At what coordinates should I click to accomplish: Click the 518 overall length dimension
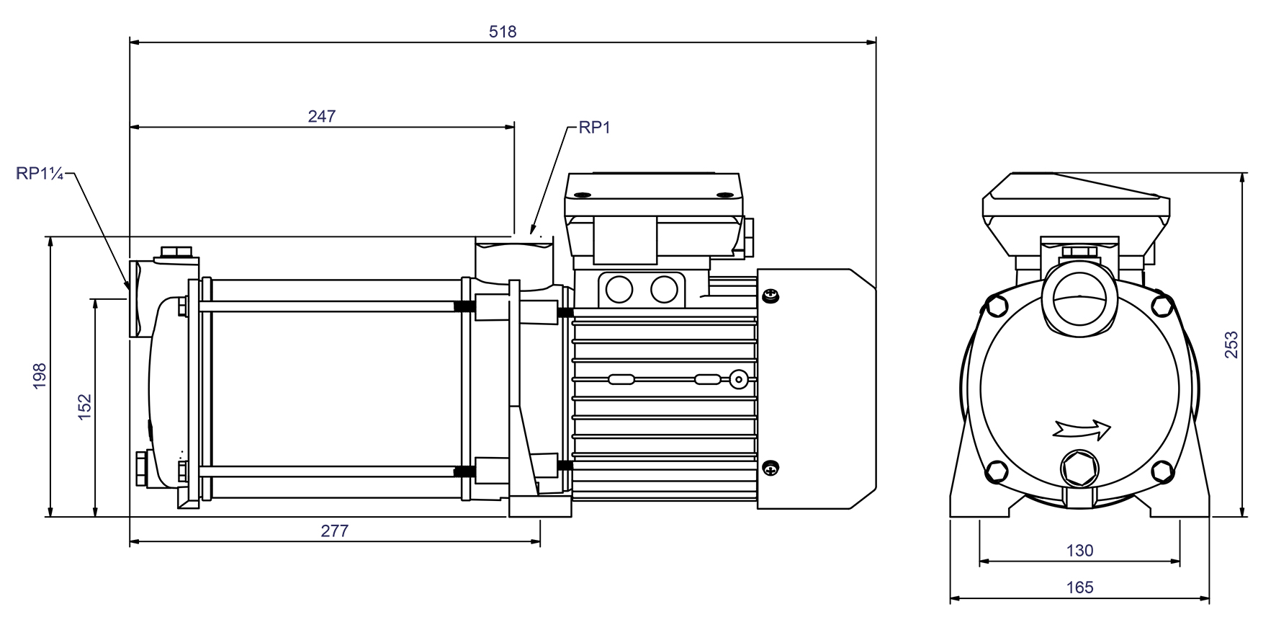pos(503,32)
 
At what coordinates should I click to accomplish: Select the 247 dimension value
pos(322,116)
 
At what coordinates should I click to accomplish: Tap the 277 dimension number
pos(335,531)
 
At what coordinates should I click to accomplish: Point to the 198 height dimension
pos(39,376)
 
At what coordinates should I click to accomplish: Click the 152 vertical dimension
pos(85,407)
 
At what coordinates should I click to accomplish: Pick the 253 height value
pos(1232,345)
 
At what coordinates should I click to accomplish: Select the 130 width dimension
pos(1079,551)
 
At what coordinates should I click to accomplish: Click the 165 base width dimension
pos(1079,587)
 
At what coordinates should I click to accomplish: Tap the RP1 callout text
pos(594,128)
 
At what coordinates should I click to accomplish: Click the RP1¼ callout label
pos(41,173)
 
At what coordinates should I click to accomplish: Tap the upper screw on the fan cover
pos(770,295)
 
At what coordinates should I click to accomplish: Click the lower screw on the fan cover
pos(770,467)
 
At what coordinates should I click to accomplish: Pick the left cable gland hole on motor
pos(619,289)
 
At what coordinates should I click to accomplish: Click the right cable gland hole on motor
pos(664,289)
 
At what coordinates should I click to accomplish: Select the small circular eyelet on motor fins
pos(738,379)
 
